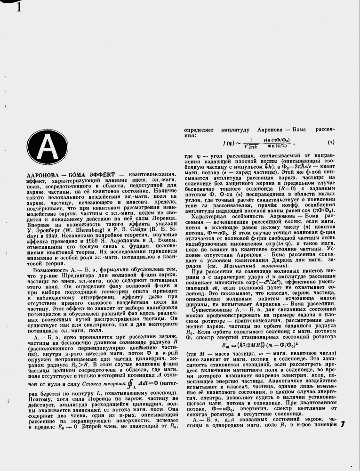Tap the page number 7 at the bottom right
(x=343, y=425)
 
